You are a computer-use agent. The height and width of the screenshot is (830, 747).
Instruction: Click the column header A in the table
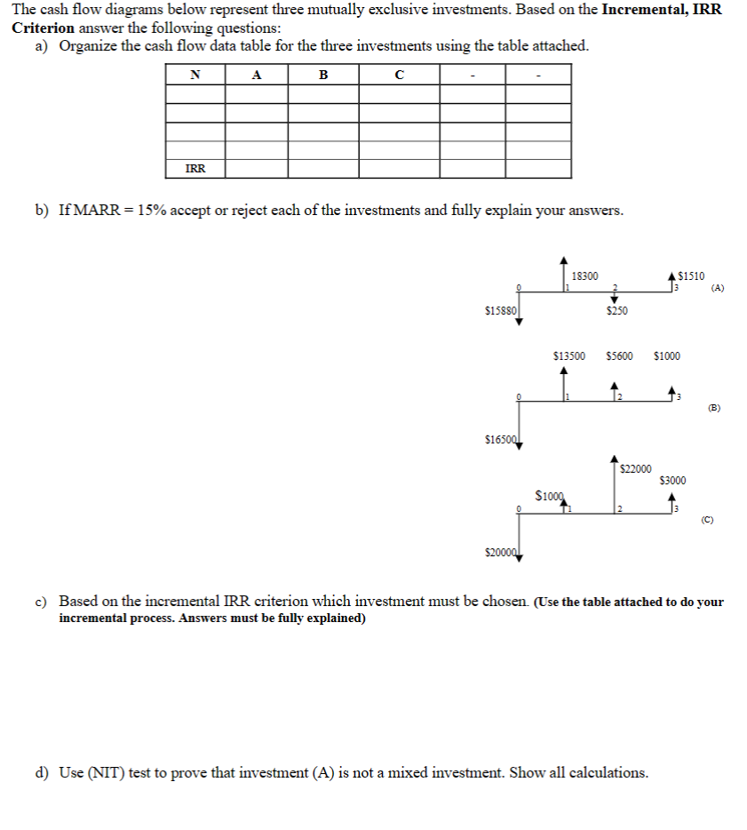pos(257,75)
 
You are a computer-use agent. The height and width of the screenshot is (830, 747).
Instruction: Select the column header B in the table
pos(323,75)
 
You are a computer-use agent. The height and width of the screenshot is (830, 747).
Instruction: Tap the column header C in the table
pos(398,75)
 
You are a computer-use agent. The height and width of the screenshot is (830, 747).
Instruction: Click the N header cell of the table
pos(195,75)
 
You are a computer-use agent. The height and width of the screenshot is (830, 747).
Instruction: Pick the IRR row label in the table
pos(195,168)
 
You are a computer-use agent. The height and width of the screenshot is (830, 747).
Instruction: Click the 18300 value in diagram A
pos(585,275)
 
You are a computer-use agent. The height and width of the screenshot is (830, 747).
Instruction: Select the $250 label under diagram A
pos(616,310)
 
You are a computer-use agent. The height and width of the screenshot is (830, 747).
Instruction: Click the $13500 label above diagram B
pos(568,356)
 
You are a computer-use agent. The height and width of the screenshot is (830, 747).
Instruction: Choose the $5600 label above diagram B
pos(619,356)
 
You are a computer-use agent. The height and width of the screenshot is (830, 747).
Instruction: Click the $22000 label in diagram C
pos(635,468)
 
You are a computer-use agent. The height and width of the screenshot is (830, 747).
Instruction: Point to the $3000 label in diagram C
pos(672,481)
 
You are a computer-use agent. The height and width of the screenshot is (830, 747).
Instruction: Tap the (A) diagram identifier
pos(718,288)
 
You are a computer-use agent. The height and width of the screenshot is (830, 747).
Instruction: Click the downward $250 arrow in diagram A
pos(613,298)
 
